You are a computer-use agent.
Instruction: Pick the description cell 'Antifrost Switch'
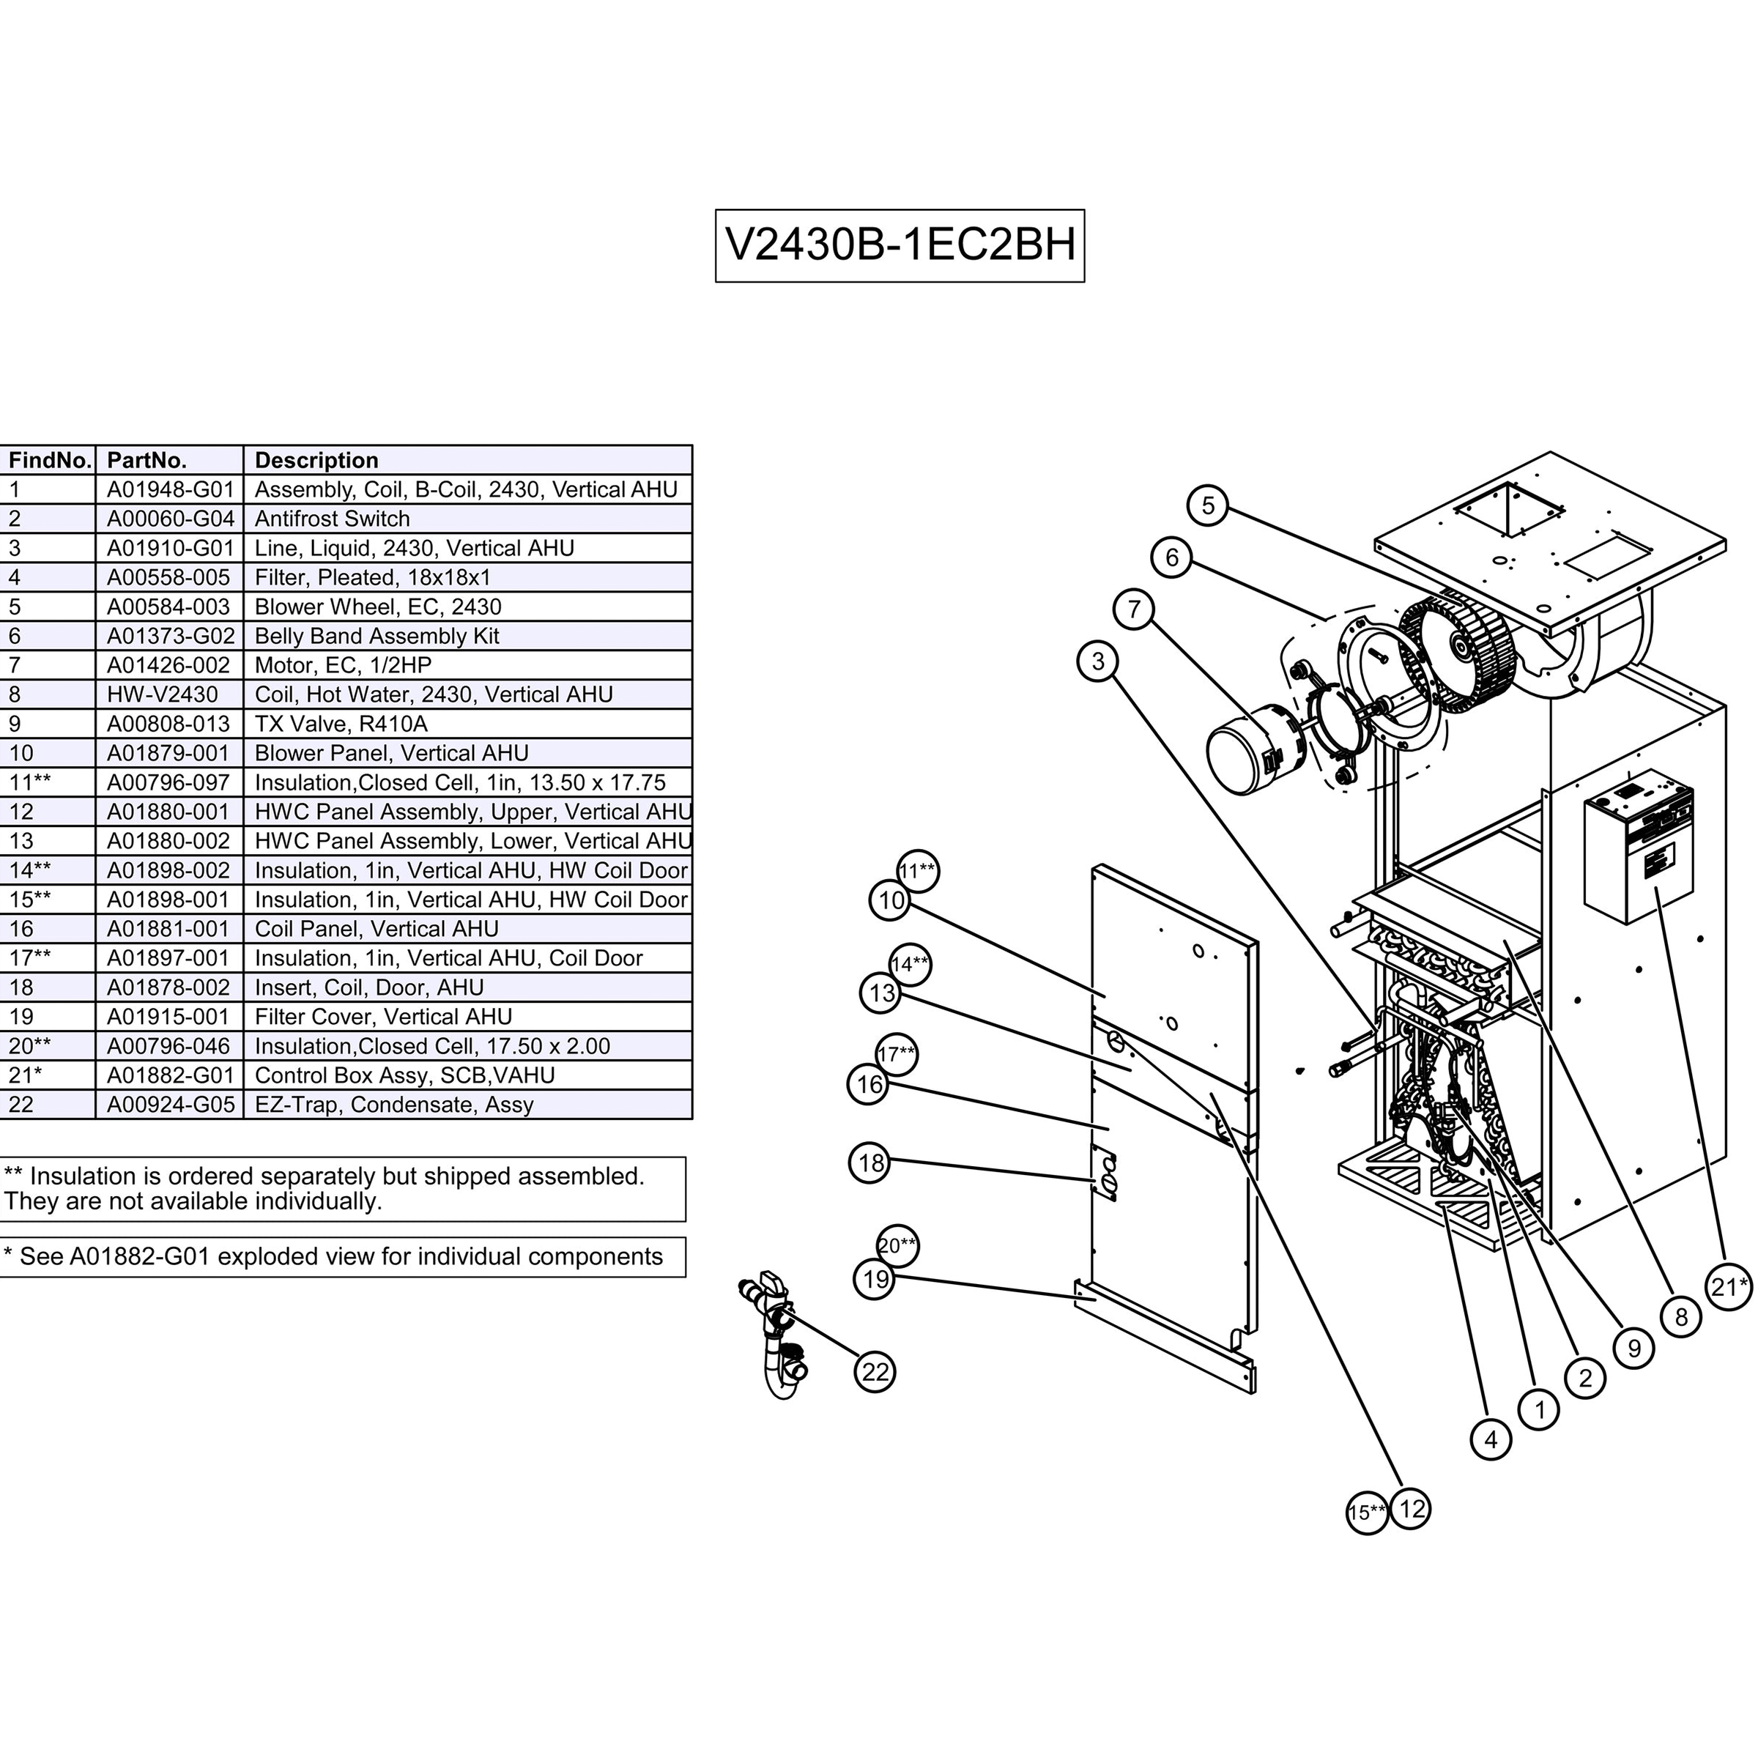click(332, 519)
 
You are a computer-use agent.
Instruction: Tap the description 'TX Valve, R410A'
click(341, 724)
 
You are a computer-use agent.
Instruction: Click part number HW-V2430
click(162, 694)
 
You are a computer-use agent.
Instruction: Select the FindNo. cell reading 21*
click(26, 1075)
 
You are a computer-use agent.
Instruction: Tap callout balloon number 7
click(1134, 609)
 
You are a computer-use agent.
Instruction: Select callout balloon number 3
click(1097, 661)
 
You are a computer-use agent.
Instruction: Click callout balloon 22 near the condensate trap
click(875, 1371)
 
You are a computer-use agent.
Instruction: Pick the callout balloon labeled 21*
click(1728, 1287)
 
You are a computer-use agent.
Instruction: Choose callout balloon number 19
click(875, 1280)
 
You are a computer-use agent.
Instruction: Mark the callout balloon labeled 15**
click(1366, 1513)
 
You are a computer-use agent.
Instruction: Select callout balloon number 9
click(1633, 1348)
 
